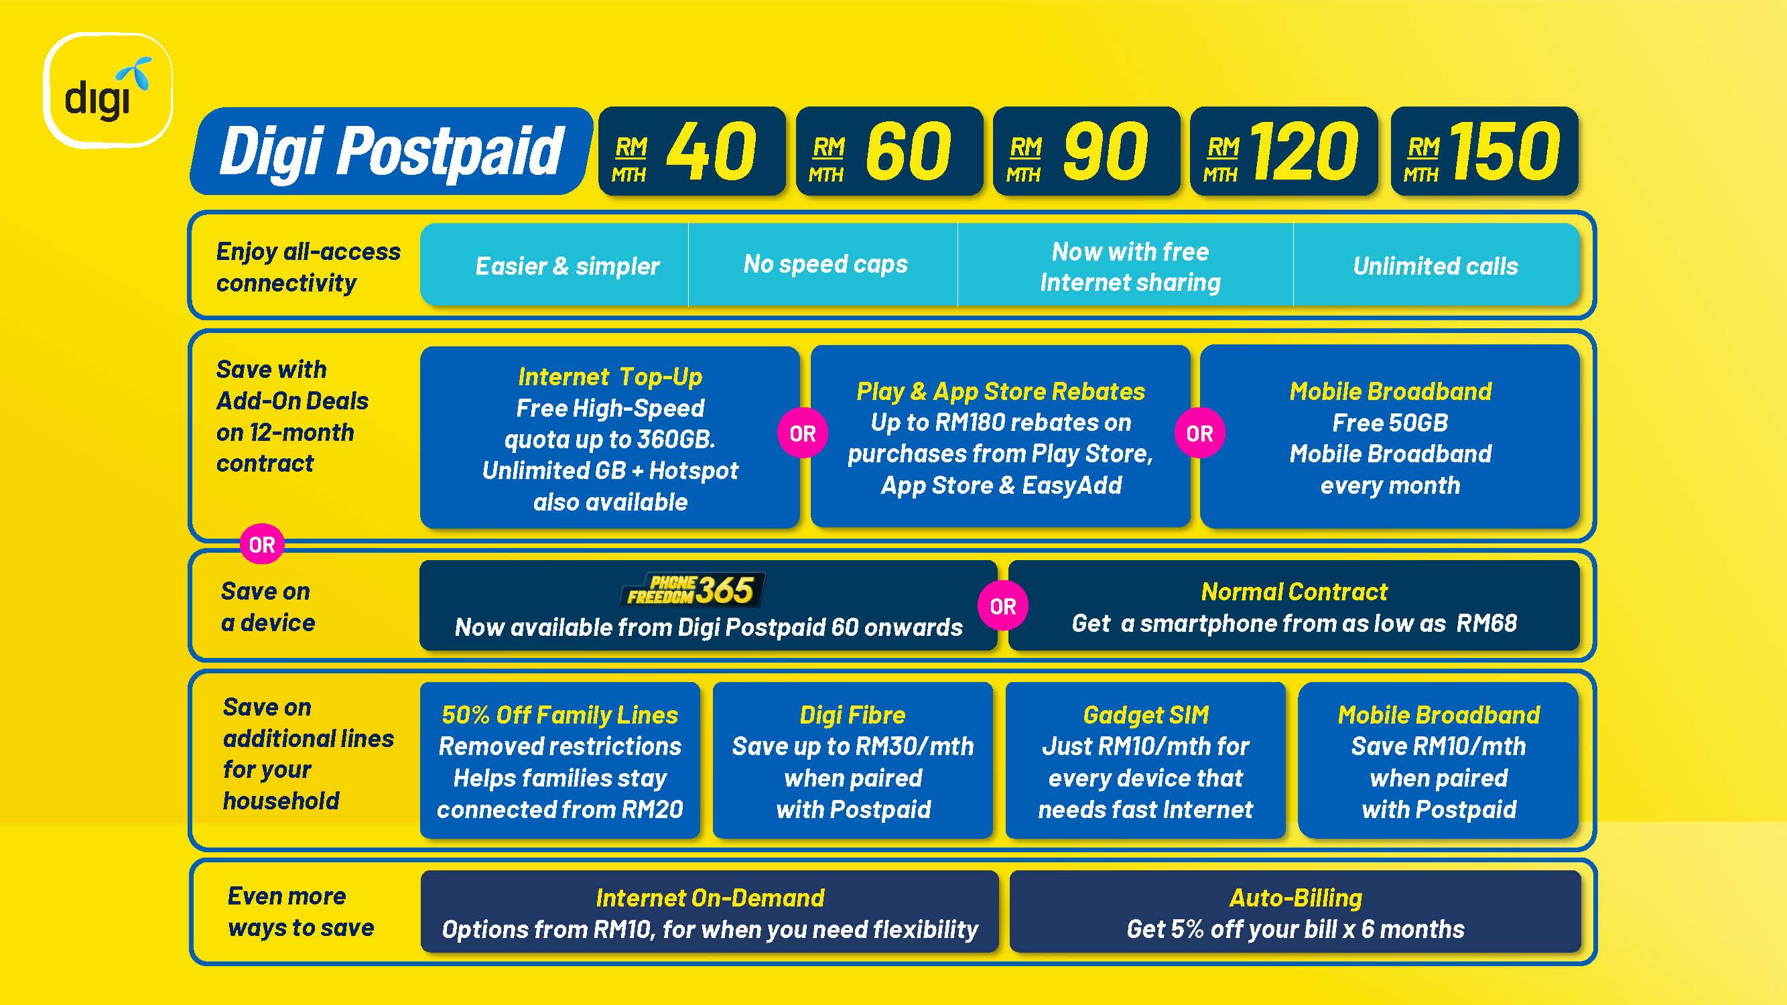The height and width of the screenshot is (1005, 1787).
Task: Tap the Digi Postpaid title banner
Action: click(391, 151)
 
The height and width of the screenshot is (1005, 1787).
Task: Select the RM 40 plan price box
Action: click(691, 151)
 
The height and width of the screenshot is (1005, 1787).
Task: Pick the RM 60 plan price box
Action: click(889, 151)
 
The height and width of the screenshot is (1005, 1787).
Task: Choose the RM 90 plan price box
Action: click(1086, 151)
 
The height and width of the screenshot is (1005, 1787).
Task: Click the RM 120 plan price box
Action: click(1284, 151)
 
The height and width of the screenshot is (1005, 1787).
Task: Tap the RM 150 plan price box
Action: click(1485, 151)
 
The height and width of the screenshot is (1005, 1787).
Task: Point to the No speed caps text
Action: click(825, 264)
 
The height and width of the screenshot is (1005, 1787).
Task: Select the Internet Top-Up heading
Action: click(610, 377)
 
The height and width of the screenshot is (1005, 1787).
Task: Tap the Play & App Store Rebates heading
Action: click(1000, 391)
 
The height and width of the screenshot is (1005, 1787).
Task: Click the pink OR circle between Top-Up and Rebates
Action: click(803, 433)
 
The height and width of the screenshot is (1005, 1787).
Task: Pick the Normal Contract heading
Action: click(1295, 592)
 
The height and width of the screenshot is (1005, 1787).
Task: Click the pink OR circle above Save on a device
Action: click(261, 545)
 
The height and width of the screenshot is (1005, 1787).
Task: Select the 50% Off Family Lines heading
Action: click(560, 715)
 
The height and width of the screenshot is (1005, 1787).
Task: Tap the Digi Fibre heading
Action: click(852, 715)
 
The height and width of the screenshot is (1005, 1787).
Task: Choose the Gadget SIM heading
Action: click(1146, 715)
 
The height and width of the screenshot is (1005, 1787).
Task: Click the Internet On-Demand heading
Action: click(710, 898)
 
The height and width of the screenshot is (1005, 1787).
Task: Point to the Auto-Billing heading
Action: click(1295, 898)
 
